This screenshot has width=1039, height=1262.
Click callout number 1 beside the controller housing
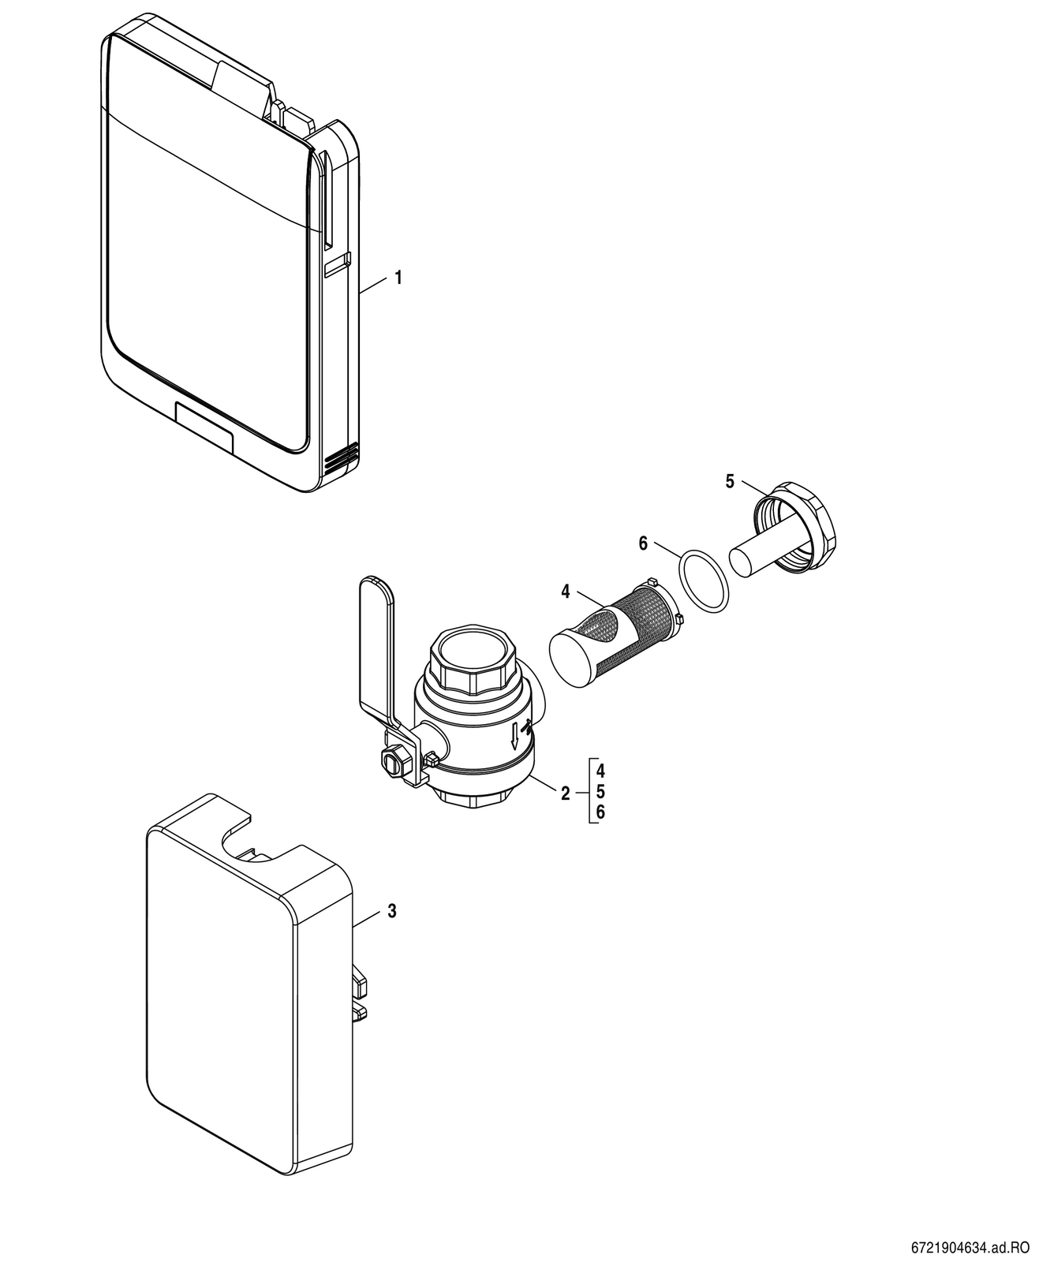coord(398,278)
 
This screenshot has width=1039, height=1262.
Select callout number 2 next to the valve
coord(565,793)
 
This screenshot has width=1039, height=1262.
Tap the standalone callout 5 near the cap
coord(730,482)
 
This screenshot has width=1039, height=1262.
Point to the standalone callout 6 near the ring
coord(644,543)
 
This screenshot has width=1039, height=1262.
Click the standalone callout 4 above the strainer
coord(566,592)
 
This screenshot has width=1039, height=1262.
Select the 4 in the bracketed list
coord(600,771)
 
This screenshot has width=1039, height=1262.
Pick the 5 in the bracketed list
coord(600,792)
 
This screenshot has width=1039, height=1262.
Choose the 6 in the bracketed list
coord(600,812)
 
